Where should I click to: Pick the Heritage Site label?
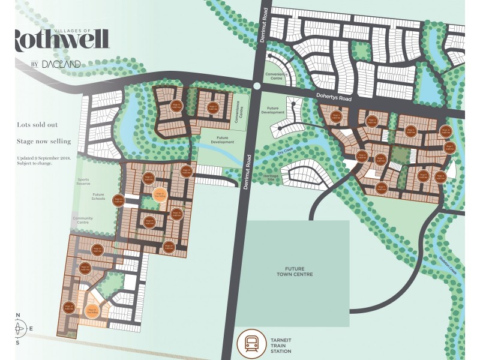[272, 178]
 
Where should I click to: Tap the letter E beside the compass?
[37, 328]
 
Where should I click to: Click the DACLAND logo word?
[61, 64]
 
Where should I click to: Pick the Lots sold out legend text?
[37, 125]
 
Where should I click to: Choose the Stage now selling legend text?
[44, 142]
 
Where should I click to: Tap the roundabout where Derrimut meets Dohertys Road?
[257, 86]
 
